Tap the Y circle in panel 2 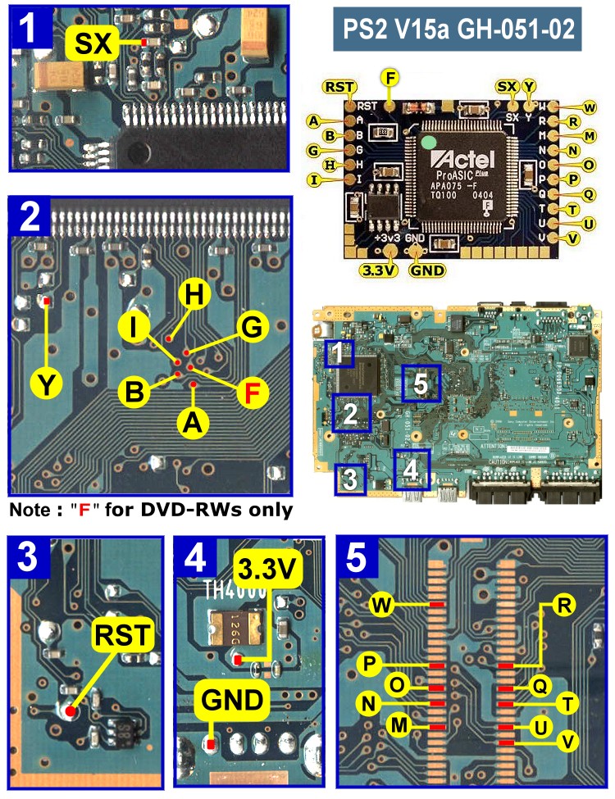pyautogui.click(x=48, y=383)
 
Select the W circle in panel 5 pyautogui.click(x=380, y=606)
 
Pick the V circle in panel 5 pyautogui.click(x=564, y=743)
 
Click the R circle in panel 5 pyautogui.click(x=563, y=606)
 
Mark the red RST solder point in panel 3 pyautogui.click(x=71, y=711)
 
